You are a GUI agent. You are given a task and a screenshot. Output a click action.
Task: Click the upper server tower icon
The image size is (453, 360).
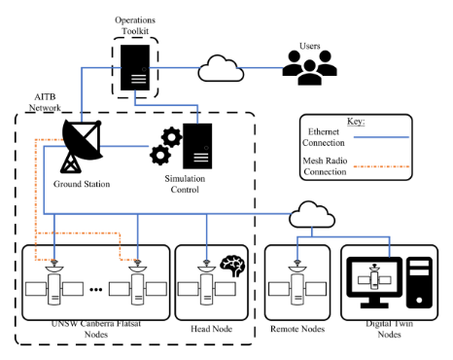pyautogui.click(x=135, y=67)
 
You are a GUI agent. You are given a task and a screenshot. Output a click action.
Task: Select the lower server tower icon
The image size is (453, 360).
pyautogui.click(x=197, y=146)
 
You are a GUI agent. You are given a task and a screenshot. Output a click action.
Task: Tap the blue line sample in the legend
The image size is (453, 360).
pyautogui.click(x=381, y=137)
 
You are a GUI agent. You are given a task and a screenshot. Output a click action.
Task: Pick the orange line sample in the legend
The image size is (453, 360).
pyautogui.click(x=381, y=166)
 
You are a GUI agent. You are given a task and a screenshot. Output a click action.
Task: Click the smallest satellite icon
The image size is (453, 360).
pyautogui.click(x=374, y=280)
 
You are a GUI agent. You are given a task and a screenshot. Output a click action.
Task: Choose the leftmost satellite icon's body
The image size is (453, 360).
pyautogui.click(x=54, y=289)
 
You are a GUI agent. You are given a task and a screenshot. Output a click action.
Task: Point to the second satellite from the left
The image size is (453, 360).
pyautogui.click(x=137, y=288)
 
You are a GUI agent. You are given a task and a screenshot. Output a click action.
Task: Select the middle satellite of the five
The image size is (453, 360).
pyautogui.click(x=206, y=288)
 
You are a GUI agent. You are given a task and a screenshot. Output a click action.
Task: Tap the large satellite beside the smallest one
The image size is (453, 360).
pyautogui.click(x=297, y=288)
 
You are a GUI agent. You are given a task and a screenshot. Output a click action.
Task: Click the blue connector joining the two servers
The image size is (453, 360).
pyautogui.click(x=166, y=105)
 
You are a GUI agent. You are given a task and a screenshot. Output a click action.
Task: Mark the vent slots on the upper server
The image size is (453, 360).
pyautogui.click(x=139, y=78)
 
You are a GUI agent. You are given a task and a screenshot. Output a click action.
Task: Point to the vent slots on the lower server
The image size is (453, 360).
pyautogui.click(x=201, y=157)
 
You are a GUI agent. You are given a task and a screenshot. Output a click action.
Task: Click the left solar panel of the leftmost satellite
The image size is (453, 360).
pyautogui.click(x=36, y=289)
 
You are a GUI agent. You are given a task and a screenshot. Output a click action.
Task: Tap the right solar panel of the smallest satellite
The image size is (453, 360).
pyautogui.click(x=385, y=280)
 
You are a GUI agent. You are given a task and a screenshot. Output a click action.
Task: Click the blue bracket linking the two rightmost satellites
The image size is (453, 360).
pyautogui.click(x=343, y=236)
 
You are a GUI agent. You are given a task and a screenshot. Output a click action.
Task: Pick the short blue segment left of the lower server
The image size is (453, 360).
pyautogui.click(x=124, y=146)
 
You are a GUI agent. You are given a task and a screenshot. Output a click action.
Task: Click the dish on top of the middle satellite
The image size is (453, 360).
pyautogui.click(x=206, y=270)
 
